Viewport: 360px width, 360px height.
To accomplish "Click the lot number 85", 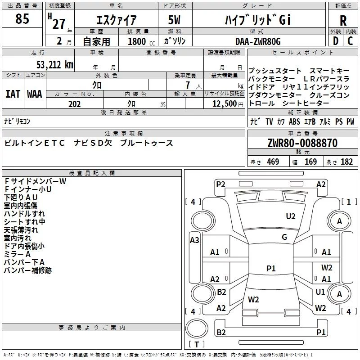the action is (x=22, y=19).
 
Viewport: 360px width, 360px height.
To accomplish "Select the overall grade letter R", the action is (x=343, y=20).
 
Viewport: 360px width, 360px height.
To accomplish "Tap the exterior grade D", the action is (x=335, y=41).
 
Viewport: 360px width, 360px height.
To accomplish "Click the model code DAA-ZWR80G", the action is (x=258, y=41).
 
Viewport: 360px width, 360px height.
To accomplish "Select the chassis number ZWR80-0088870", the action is (x=302, y=143).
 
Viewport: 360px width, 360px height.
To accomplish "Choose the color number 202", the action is (x=74, y=104).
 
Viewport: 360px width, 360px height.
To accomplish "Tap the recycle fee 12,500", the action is (x=224, y=104).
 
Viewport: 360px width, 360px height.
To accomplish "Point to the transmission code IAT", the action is (x=13, y=94).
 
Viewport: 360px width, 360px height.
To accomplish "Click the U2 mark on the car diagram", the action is (x=291, y=216).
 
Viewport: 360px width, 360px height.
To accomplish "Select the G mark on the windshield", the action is (x=284, y=237).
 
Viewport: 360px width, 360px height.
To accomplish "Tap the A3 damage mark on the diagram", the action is (x=194, y=240).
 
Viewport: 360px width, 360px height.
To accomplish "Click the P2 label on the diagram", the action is (x=220, y=184).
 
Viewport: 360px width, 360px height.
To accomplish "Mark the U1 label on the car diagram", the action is (x=320, y=292).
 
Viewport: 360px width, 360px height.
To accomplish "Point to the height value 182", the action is (x=346, y=162).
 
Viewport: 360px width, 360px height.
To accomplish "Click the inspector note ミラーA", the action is (x=18, y=254).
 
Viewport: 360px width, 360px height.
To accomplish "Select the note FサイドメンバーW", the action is (x=35, y=181).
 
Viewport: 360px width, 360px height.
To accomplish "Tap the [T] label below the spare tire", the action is (x=196, y=345).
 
